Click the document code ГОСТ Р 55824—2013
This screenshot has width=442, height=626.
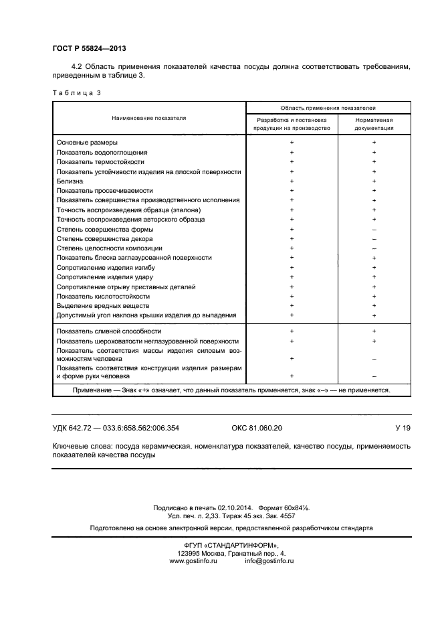(89, 49)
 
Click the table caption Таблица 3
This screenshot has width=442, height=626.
(76, 92)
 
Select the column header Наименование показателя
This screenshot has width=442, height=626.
(149, 117)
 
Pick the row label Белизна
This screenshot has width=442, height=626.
(70, 181)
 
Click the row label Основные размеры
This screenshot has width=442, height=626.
(87, 143)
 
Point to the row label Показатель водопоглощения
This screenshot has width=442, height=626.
(102, 152)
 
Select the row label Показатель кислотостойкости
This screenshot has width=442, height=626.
(103, 296)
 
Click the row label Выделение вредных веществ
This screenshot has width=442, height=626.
(102, 306)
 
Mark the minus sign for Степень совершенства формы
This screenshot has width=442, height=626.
(374, 229)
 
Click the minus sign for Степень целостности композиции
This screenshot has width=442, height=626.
(374, 248)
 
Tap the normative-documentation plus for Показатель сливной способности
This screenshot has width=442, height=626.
(374, 331)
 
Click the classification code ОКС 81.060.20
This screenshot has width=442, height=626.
(252, 427)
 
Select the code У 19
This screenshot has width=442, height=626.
(403, 427)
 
